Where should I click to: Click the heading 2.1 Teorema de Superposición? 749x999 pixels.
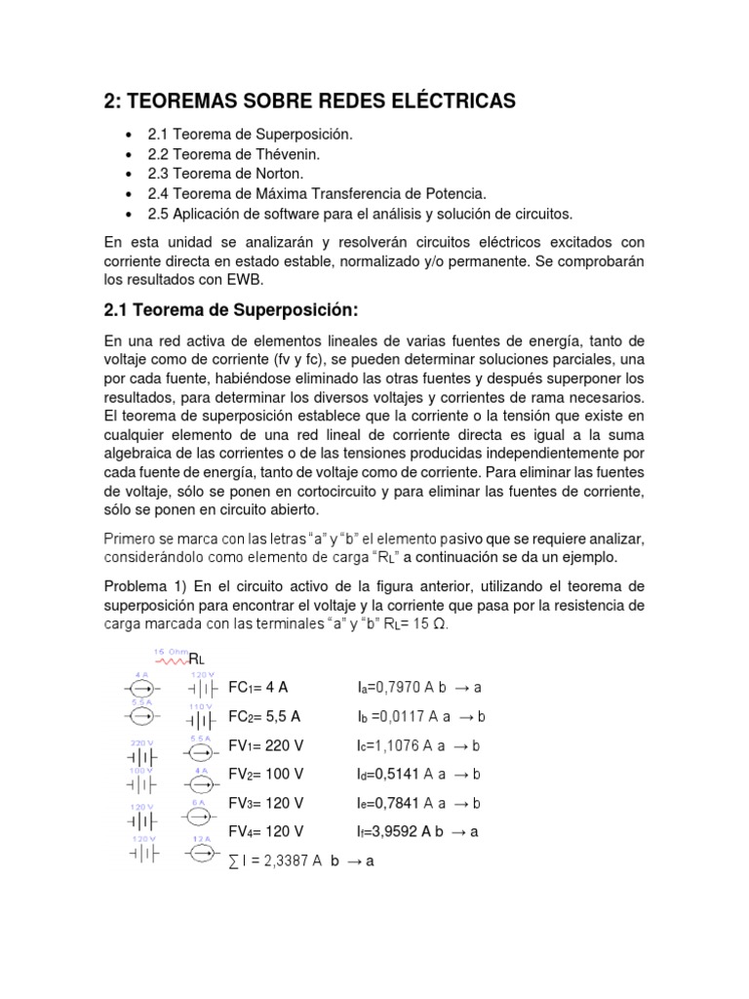point(231,310)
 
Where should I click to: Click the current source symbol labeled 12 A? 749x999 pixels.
point(201,854)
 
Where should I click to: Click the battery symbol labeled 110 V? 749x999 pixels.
point(201,719)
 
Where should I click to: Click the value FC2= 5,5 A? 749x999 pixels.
point(264,716)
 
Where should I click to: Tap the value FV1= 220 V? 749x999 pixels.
point(266,745)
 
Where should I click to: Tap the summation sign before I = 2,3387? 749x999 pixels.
point(232,861)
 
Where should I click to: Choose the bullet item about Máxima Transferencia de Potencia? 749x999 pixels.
point(317,193)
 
